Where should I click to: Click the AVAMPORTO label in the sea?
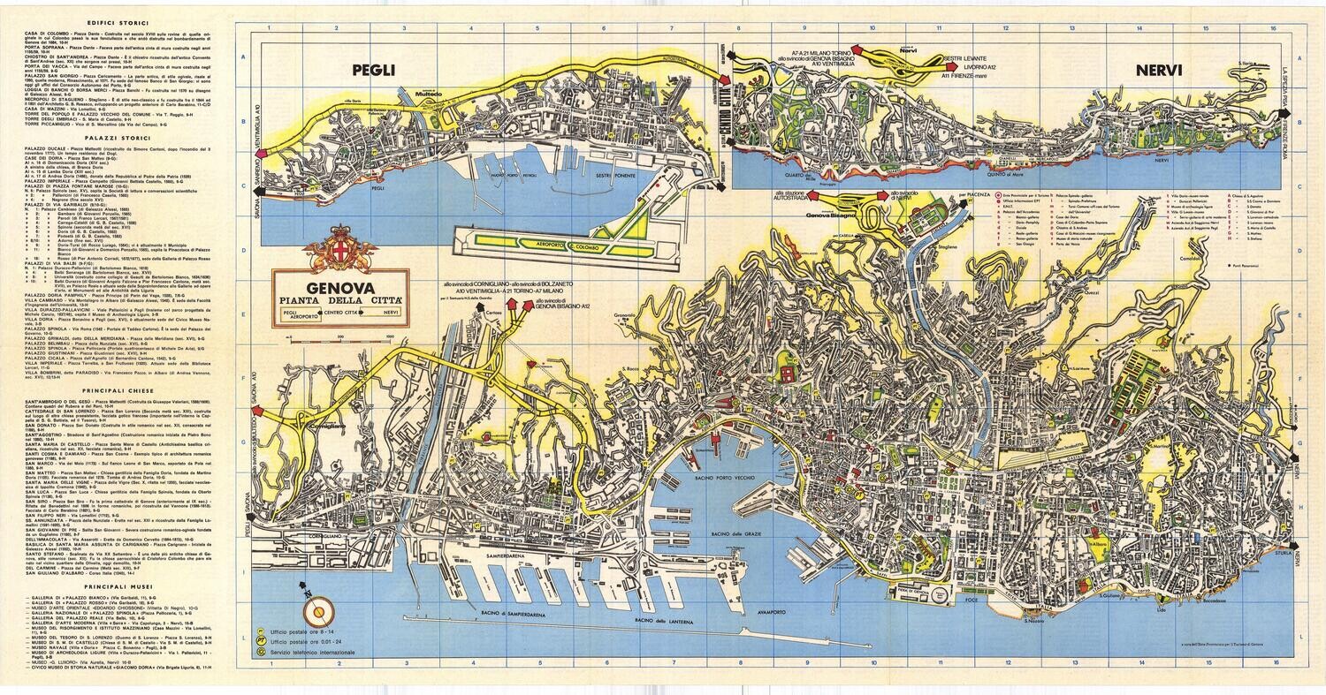(x=778, y=611)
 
